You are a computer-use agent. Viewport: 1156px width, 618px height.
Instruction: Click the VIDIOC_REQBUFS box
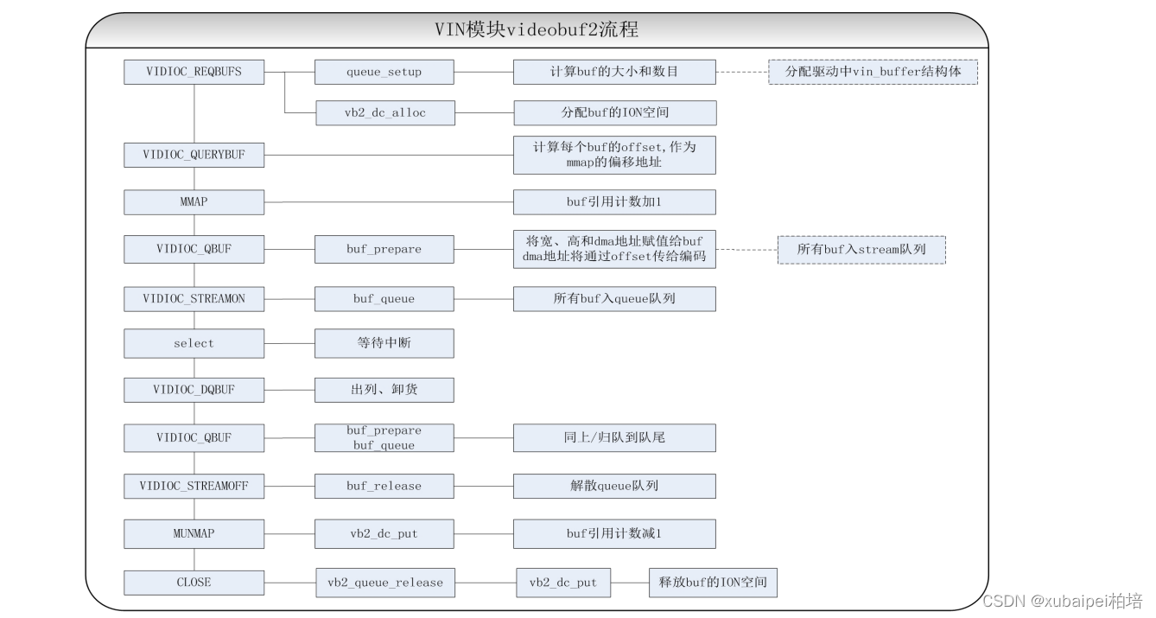pos(194,72)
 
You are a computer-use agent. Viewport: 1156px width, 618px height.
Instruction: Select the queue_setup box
pos(384,72)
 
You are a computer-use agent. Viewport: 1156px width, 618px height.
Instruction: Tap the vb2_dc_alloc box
pos(384,112)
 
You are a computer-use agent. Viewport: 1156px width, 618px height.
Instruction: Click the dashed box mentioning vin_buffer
pos(873,72)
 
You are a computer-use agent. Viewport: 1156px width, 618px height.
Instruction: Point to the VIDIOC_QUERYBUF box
pos(194,156)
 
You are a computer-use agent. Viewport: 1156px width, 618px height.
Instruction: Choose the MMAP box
pos(194,202)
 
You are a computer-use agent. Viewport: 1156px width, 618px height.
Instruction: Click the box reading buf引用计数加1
pos(613,202)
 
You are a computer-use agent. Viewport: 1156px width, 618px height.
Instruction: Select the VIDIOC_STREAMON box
pos(194,299)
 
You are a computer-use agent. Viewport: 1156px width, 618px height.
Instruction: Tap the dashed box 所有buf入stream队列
pos(861,250)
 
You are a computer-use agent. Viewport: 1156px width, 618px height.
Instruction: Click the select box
pos(194,343)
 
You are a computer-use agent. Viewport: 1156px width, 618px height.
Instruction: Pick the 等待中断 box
pos(384,343)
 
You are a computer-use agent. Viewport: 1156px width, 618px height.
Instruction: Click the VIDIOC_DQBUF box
pos(194,390)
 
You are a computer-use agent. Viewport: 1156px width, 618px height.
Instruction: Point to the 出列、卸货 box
pos(384,390)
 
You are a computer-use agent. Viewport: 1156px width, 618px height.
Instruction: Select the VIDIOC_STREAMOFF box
pos(194,486)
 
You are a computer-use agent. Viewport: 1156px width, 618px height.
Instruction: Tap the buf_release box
pos(384,486)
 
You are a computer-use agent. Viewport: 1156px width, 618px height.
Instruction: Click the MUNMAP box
pos(194,533)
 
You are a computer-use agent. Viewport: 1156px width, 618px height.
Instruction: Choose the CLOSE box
pos(194,583)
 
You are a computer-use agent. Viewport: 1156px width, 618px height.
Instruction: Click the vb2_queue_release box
pos(384,583)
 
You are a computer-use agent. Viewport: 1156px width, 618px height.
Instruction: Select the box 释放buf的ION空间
pos(713,583)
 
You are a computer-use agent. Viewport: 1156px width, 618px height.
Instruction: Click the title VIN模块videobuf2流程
pos(537,30)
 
